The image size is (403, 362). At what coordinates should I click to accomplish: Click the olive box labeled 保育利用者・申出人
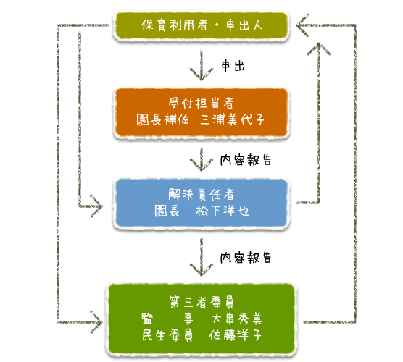click(x=201, y=25)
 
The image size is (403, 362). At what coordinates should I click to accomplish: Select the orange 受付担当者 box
click(x=201, y=112)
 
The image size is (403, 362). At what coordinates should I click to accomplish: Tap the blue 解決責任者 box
click(x=201, y=203)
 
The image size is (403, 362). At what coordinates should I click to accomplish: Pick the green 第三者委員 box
click(x=201, y=319)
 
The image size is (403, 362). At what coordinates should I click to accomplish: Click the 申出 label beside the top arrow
click(x=233, y=66)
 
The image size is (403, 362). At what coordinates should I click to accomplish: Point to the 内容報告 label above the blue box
click(x=246, y=160)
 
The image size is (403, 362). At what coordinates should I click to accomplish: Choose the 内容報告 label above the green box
click(x=246, y=257)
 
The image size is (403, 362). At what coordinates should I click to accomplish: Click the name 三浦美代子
click(x=233, y=119)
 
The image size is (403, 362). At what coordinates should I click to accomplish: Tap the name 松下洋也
click(x=223, y=211)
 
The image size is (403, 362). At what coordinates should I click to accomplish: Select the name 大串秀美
click(x=236, y=319)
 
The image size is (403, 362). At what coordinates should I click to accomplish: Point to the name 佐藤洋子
click(x=236, y=335)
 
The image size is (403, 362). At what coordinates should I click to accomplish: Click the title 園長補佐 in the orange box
click(x=162, y=119)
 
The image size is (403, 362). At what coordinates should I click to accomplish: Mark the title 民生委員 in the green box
click(x=167, y=335)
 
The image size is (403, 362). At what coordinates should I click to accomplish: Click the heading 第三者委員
click(x=201, y=302)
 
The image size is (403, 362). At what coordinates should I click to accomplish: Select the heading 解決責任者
click(x=201, y=194)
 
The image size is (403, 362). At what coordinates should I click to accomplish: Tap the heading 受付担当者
click(x=201, y=104)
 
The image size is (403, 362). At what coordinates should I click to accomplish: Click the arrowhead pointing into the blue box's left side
click(x=96, y=206)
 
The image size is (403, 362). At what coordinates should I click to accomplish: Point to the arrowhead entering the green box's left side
click(x=96, y=322)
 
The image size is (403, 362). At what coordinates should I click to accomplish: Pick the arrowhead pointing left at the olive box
click(x=302, y=25)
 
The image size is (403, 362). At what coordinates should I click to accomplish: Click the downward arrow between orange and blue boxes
click(x=201, y=159)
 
